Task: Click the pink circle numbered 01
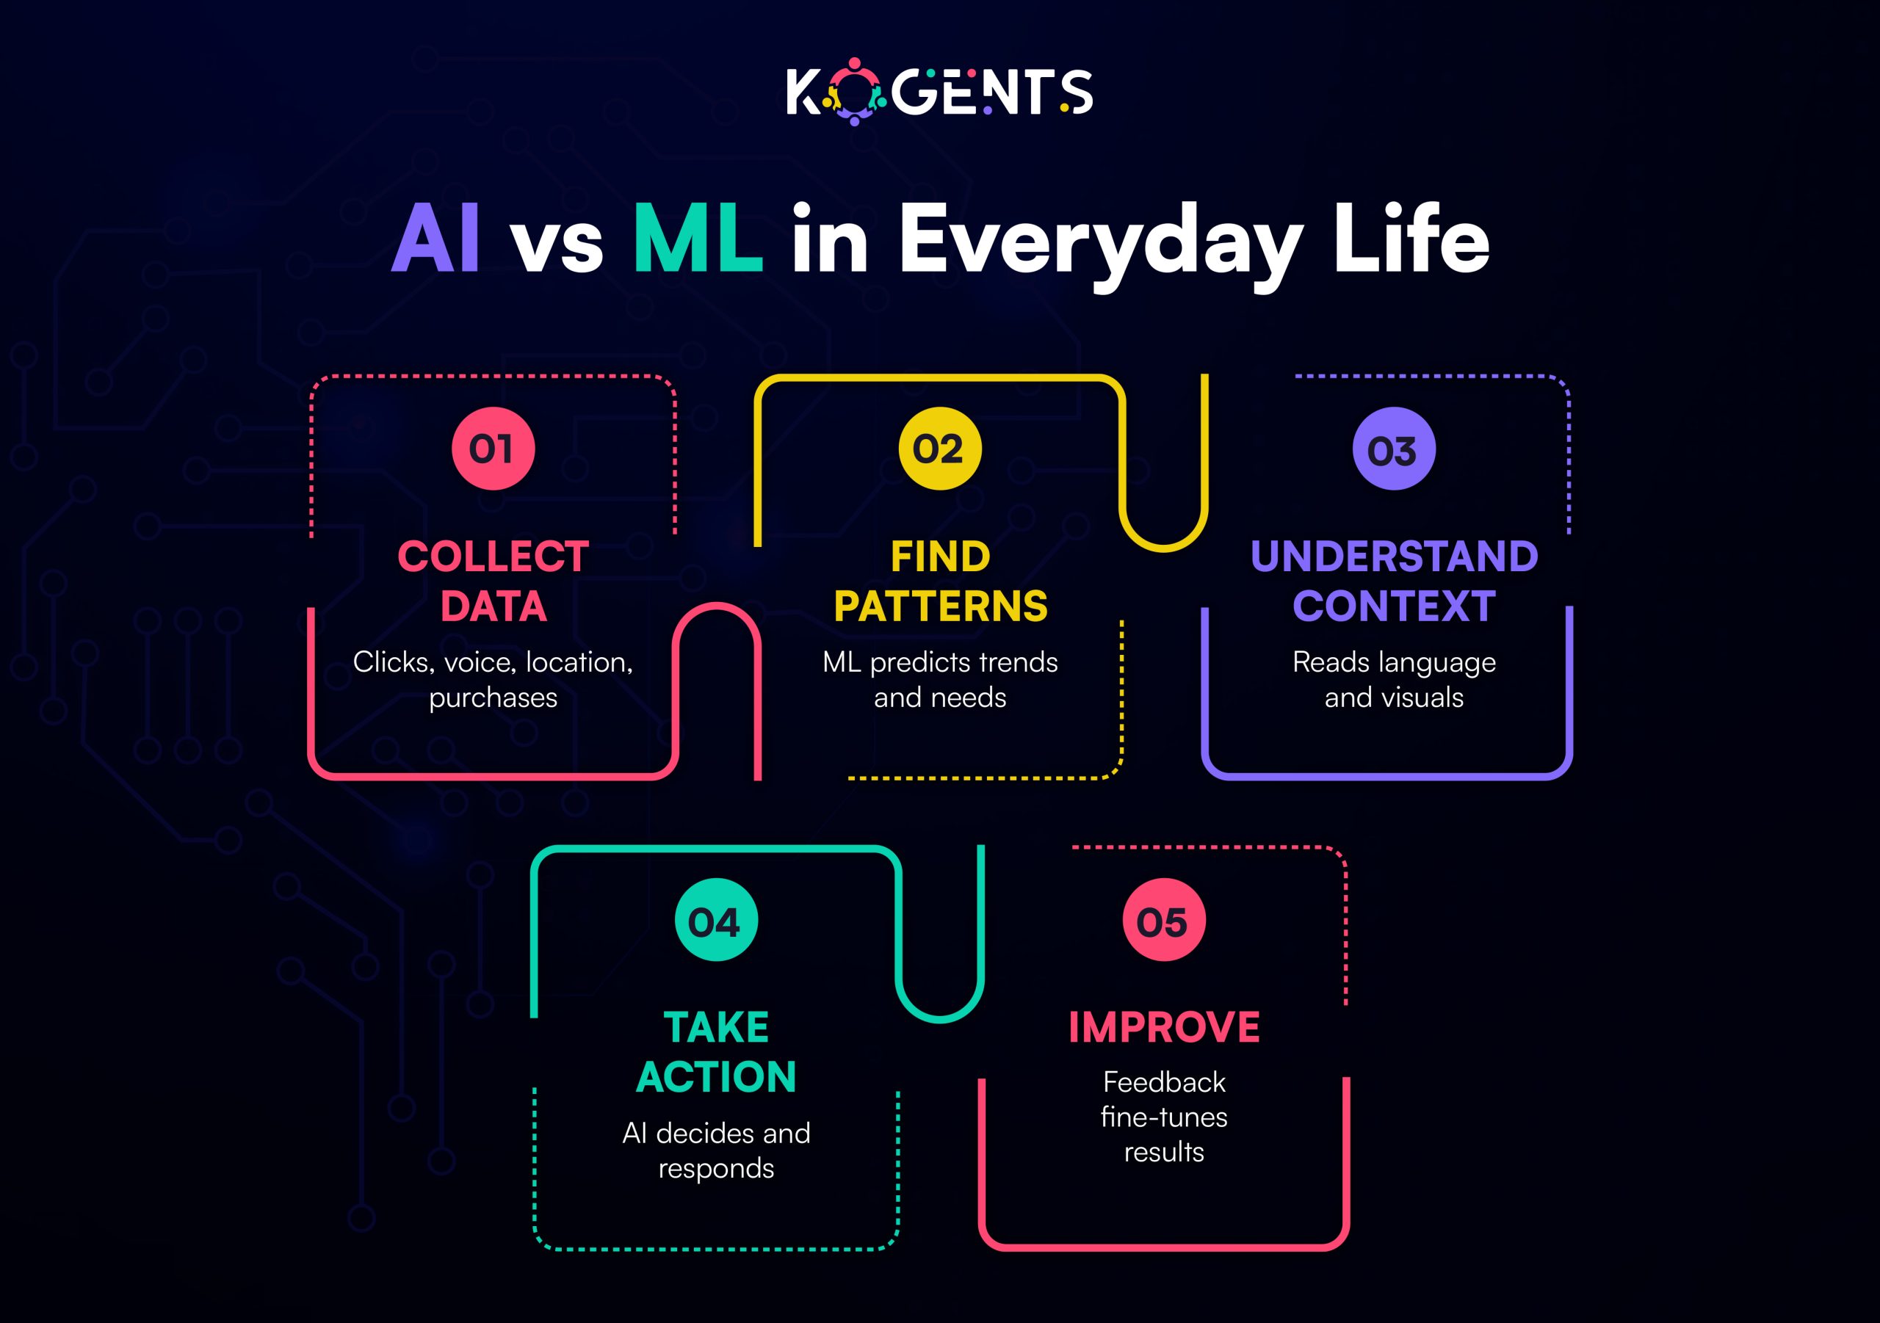pos(493,449)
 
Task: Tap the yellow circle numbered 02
pos(940,449)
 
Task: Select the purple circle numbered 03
pos(1394,449)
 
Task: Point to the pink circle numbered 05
pos(1163,920)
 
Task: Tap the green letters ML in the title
pos(698,239)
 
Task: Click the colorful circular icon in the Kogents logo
pos(854,92)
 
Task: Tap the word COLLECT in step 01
pos(493,557)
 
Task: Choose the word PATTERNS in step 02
pos(940,606)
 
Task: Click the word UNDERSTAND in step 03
pos(1394,557)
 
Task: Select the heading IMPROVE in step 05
pos(1163,1027)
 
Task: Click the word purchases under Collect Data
pos(493,698)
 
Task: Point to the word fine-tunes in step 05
pos(1163,1117)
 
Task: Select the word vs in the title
pos(557,244)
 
